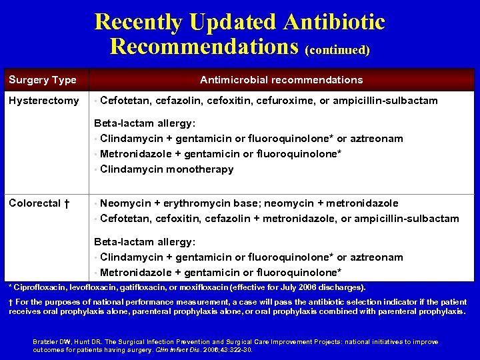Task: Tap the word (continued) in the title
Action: (337, 49)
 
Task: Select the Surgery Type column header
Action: (42, 80)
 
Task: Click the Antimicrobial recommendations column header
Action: (281, 80)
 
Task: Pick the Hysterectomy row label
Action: (43, 101)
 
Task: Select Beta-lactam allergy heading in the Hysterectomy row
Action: (145, 123)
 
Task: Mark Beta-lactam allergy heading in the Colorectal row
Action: (145, 242)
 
